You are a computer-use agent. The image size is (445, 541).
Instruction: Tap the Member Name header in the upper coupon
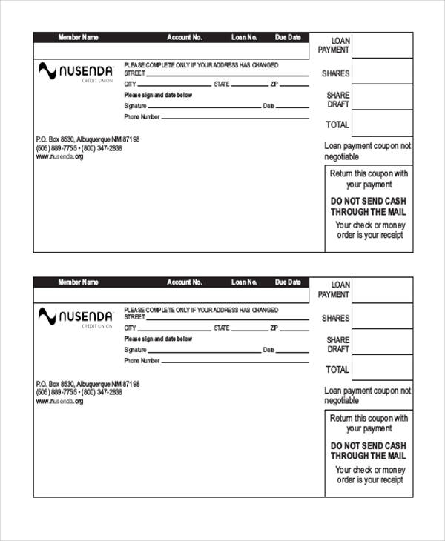click(78, 37)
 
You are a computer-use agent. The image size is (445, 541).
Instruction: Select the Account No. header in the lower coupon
click(184, 282)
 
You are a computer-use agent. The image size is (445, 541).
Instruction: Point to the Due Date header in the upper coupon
click(288, 37)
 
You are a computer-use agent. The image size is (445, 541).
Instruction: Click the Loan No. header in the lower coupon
click(243, 282)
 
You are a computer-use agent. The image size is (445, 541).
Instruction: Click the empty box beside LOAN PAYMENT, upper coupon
click(382, 45)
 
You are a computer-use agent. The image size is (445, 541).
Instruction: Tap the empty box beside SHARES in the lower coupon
click(382, 317)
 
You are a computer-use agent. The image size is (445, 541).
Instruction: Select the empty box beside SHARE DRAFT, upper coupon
click(382, 97)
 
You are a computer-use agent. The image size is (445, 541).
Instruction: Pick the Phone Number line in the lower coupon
click(234, 362)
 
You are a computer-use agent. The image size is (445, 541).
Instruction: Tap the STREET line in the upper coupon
click(227, 74)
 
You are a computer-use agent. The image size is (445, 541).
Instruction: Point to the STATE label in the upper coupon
click(222, 84)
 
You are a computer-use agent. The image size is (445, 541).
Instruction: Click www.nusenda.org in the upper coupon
click(59, 157)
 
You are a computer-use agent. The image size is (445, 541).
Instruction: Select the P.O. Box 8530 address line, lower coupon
click(88, 384)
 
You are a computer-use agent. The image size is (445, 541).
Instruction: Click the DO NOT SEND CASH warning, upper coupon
click(369, 206)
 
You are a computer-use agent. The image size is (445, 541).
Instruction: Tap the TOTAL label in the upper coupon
click(337, 125)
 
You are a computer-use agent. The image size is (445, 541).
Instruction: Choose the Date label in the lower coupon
click(268, 350)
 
